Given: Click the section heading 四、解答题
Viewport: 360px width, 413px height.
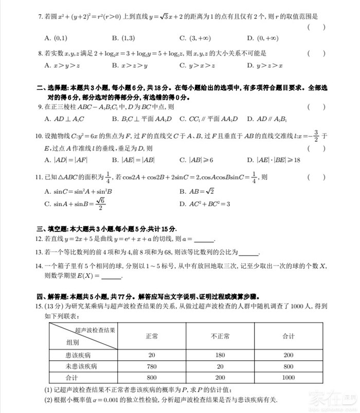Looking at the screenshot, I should click(x=52, y=296).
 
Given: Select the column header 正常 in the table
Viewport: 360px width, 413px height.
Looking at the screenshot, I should click(x=152, y=336).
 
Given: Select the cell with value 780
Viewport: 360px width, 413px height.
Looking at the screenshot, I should click(x=152, y=366).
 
